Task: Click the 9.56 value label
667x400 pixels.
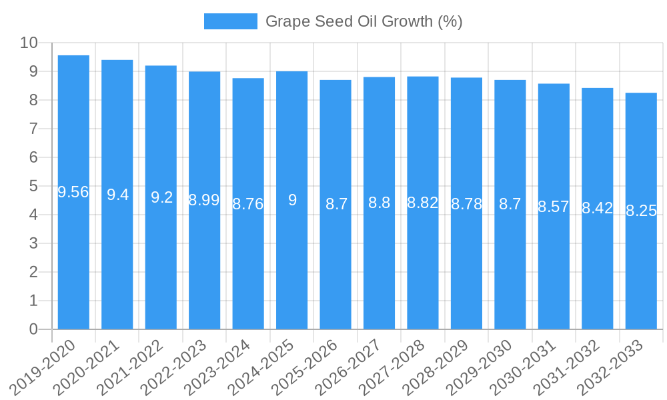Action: [73, 193]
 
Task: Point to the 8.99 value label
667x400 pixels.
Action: [204, 200]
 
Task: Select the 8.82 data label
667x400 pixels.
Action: [423, 203]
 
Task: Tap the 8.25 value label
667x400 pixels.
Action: [641, 211]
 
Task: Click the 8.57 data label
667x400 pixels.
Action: [554, 207]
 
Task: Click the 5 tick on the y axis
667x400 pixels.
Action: [33, 187]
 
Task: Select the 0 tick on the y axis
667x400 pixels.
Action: [33, 329]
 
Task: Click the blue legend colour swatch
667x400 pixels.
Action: [230, 21]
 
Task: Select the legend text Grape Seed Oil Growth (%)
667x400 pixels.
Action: [364, 21]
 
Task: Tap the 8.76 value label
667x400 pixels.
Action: [248, 204]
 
